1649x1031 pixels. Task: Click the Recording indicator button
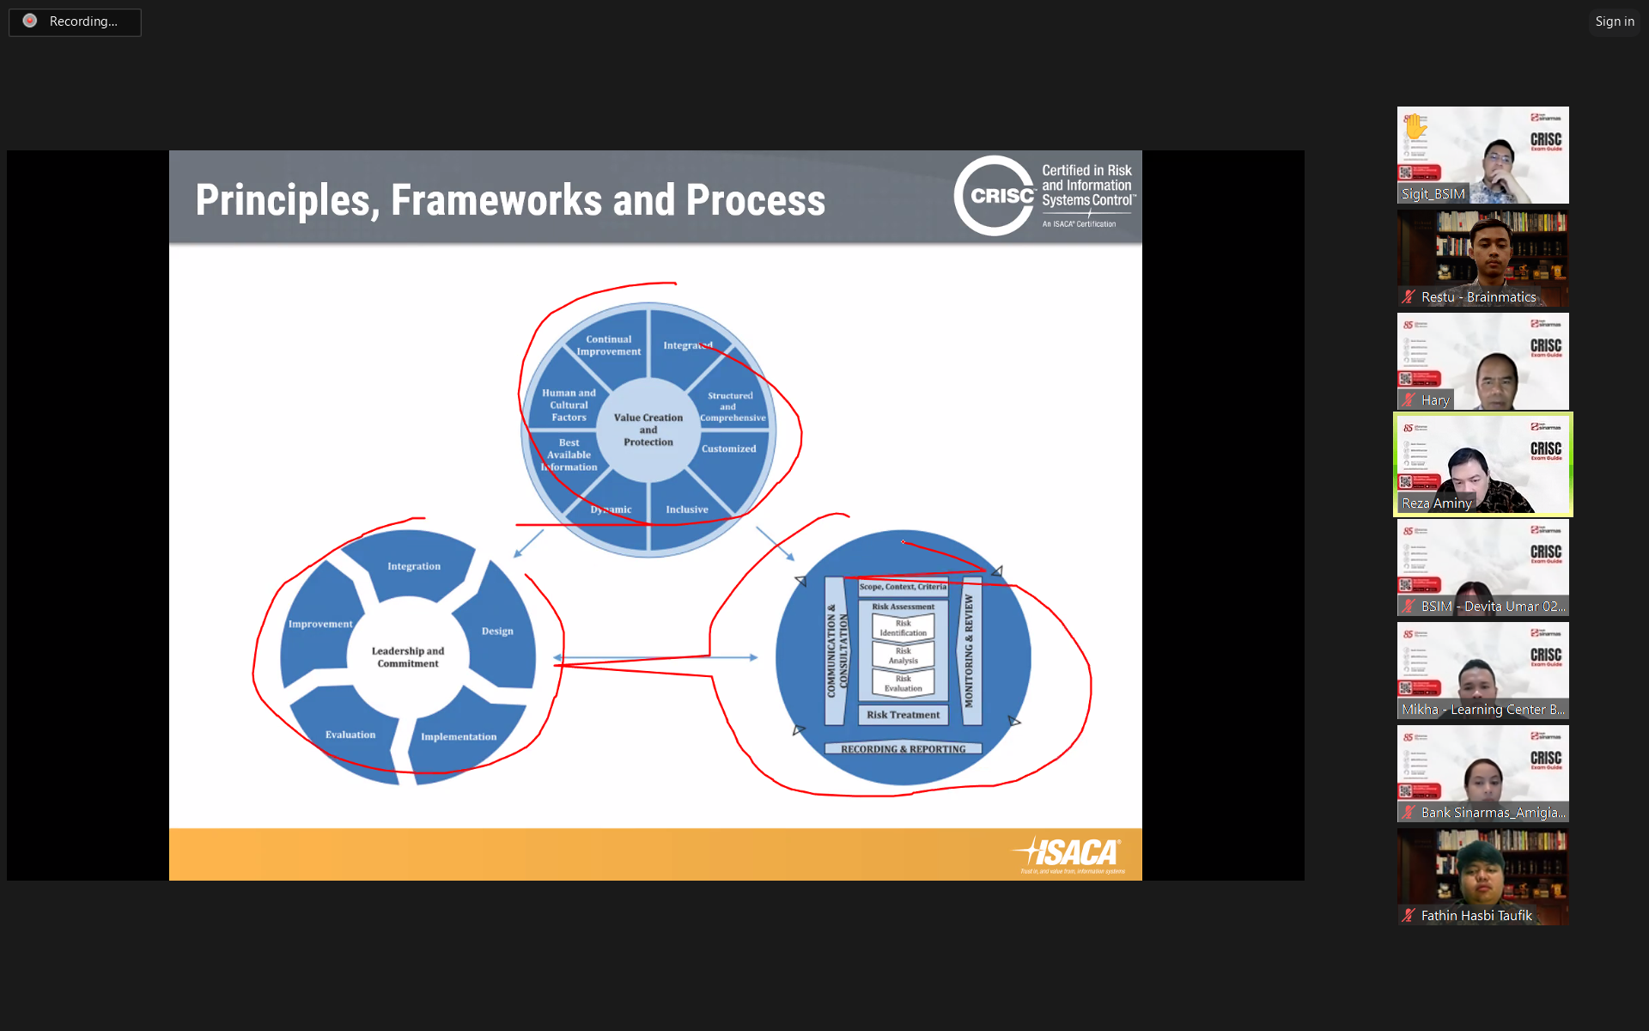pos(75,21)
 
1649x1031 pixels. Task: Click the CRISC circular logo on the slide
pos(995,196)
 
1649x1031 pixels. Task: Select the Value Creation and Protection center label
pos(648,430)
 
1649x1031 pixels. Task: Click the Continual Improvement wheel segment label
pos(609,345)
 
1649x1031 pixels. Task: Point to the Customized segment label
pos(728,448)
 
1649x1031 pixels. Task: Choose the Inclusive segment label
pos(687,509)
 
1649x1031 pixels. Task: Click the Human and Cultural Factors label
pos(569,405)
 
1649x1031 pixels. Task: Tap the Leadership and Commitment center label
pos(408,657)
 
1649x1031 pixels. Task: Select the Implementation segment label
pos(459,736)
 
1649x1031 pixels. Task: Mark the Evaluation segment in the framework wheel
pos(350,735)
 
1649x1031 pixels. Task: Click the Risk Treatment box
pos(903,715)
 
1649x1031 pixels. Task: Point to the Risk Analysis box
pos(903,656)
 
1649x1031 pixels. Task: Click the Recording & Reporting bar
pos(903,749)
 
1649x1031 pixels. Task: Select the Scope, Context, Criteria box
pos(903,587)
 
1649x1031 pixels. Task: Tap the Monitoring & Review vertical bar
pos(969,650)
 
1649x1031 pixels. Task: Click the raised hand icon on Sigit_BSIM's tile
pos(1415,126)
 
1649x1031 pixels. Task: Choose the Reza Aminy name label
pos(1437,503)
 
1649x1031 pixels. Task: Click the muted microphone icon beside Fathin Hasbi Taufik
pos(1409,915)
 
